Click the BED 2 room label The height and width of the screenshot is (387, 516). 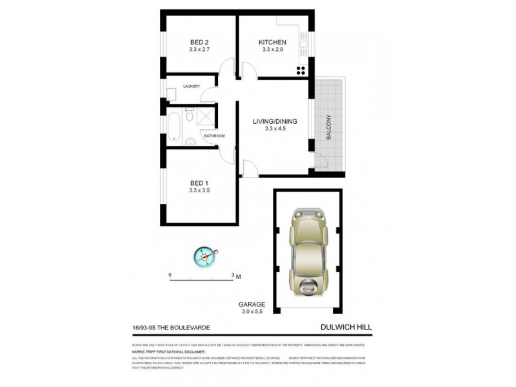pyautogui.click(x=199, y=42)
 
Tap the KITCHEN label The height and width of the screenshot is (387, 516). pyautogui.click(x=273, y=42)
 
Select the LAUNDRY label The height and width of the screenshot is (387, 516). pyautogui.click(x=191, y=86)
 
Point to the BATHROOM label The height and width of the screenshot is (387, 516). pyautogui.click(x=214, y=135)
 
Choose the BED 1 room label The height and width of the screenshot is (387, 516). pyautogui.click(x=199, y=181)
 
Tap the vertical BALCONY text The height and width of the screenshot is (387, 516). pyautogui.click(x=328, y=128)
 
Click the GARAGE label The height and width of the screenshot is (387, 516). pyautogui.click(x=252, y=304)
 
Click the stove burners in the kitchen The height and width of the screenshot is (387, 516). pyautogui.click(x=301, y=71)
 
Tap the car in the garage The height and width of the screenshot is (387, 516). pyautogui.click(x=308, y=251)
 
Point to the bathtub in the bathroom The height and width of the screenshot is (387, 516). pyautogui.click(x=174, y=126)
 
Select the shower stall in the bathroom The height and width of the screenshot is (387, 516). pyautogui.click(x=206, y=117)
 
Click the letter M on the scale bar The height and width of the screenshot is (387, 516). pyautogui.click(x=239, y=277)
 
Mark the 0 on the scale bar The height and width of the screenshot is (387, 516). pyautogui.click(x=170, y=274)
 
